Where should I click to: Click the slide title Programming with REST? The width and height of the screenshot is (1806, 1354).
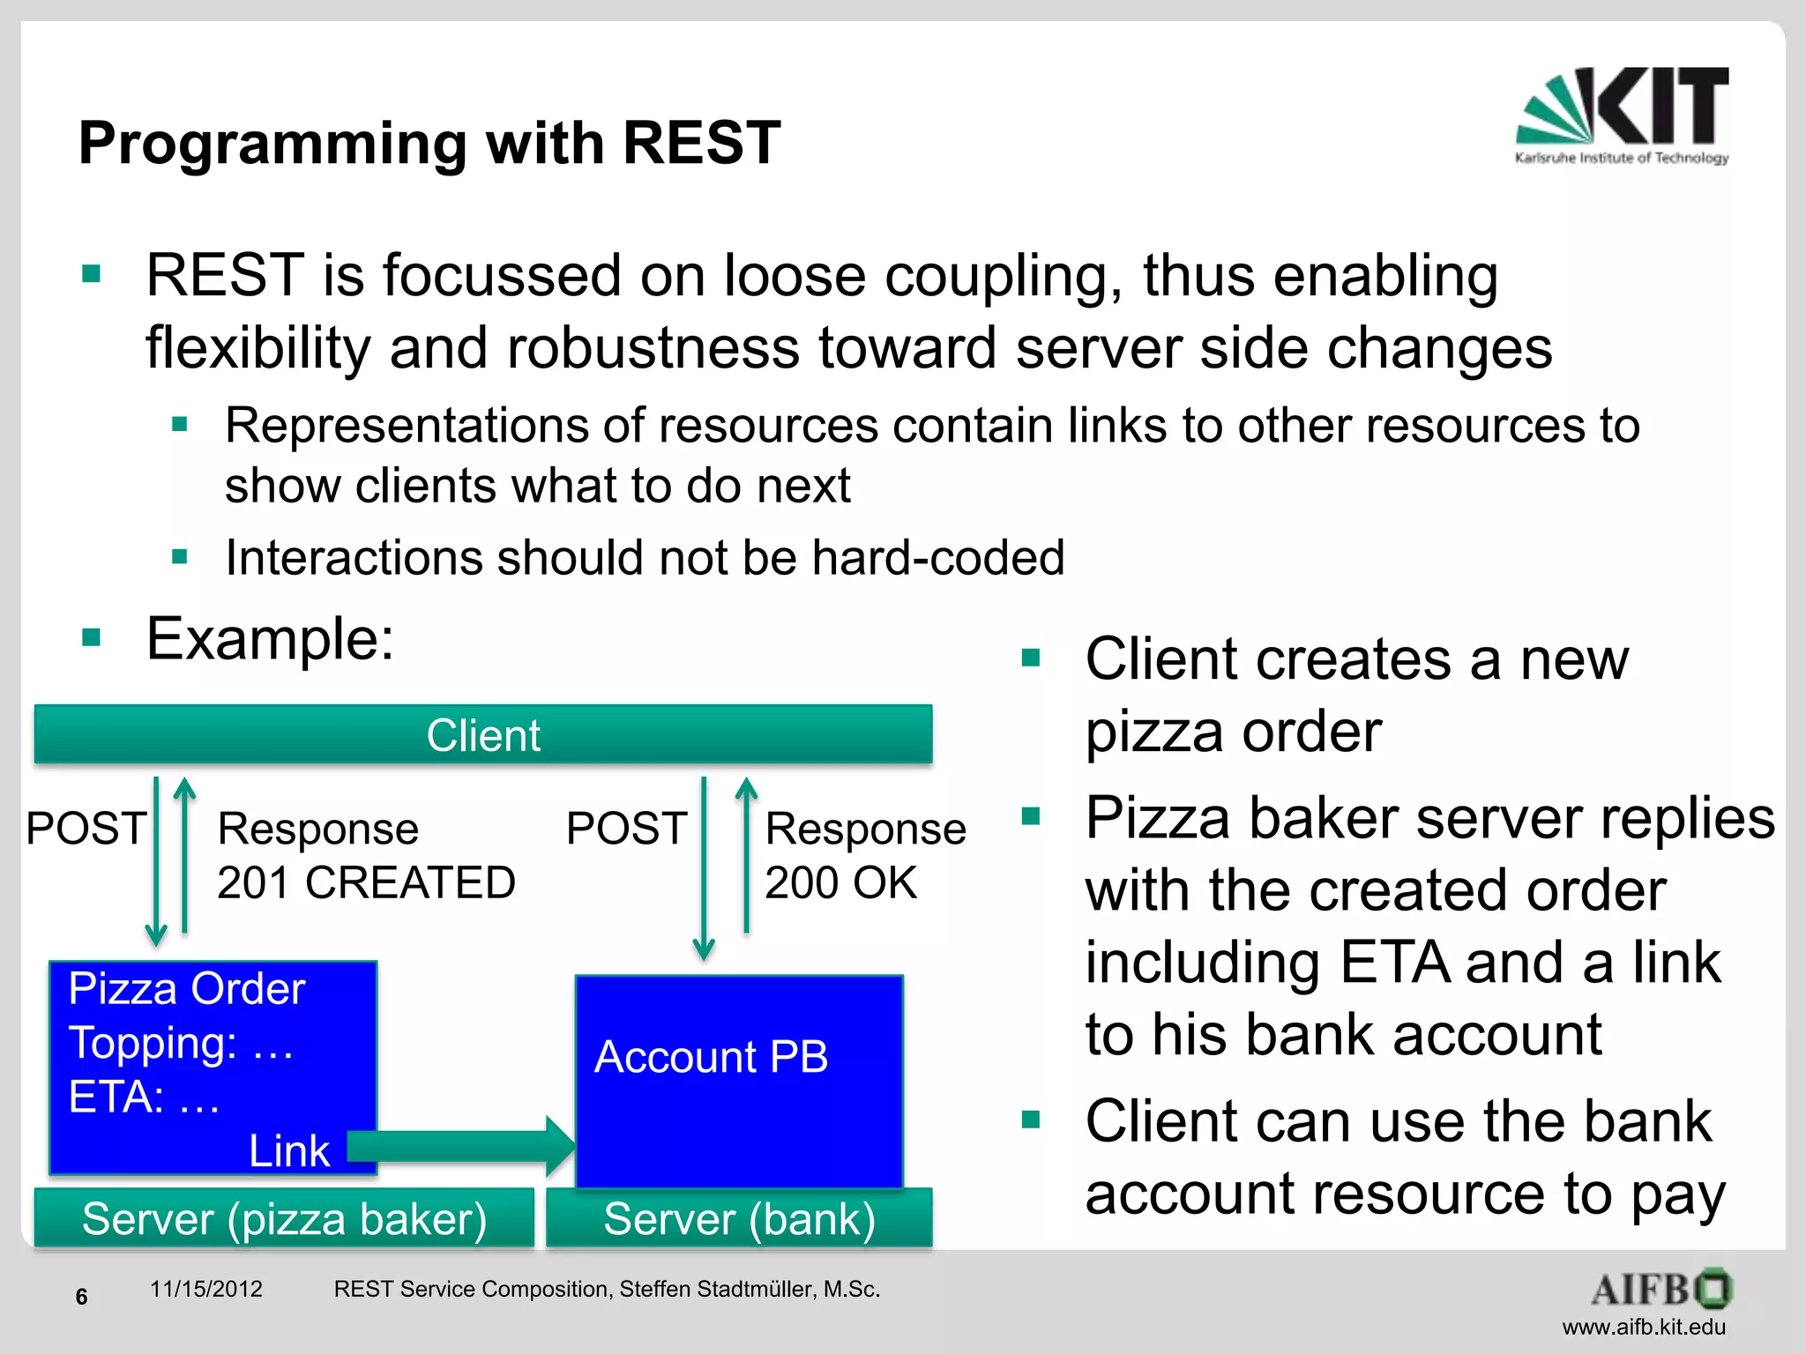click(429, 143)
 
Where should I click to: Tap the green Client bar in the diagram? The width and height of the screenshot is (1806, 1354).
click(482, 734)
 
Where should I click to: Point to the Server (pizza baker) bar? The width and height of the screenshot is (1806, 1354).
click(284, 1219)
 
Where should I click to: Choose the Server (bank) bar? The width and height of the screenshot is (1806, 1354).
click(739, 1219)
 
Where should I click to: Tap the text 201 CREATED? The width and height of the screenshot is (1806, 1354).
click(366, 882)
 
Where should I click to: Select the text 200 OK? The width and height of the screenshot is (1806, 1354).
click(840, 882)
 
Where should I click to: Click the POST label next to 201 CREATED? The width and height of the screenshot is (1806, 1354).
click(86, 829)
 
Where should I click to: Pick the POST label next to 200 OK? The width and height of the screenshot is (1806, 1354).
click(626, 829)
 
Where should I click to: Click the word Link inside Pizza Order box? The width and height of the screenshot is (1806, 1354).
click(288, 1151)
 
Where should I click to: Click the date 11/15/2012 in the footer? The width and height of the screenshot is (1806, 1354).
click(205, 1289)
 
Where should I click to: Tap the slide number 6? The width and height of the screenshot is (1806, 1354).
click(81, 1297)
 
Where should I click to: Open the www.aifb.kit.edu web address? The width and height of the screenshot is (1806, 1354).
click(1643, 1327)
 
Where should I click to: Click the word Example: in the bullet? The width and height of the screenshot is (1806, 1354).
click(270, 638)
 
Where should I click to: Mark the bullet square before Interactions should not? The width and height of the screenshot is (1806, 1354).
click(180, 557)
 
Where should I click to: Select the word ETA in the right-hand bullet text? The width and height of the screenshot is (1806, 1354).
click(1393, 962)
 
